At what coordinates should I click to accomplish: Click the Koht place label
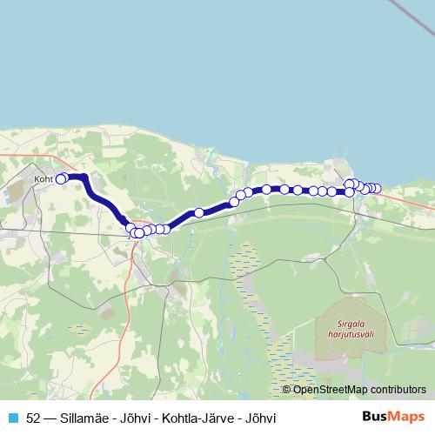(43, 180)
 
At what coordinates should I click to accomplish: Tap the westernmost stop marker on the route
(61, 179)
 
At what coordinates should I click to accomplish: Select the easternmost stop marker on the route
(377, 189)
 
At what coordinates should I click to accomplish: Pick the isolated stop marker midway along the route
(199, 212)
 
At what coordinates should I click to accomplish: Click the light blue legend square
(12, 417)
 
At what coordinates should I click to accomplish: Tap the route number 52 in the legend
(34, 417)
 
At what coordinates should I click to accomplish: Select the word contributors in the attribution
(397, 389)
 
